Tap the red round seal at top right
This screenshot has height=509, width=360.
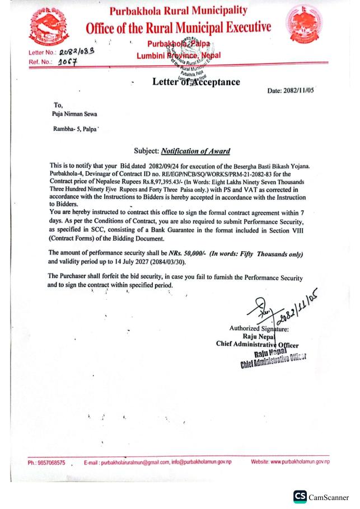coord(304,25)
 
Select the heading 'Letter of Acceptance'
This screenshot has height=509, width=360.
coord(196,82)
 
